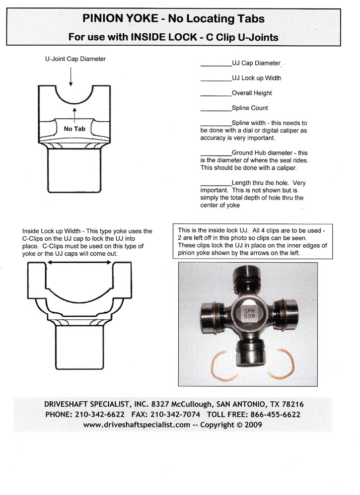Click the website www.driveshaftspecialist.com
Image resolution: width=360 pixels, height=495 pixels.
coord(137,424)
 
